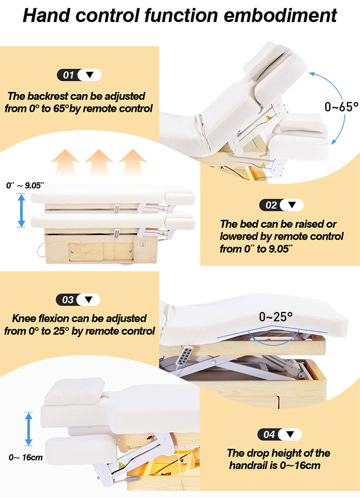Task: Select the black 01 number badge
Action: (x=69, y=75)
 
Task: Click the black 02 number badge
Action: (x=271, y=205)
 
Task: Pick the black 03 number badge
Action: (x=68, y=300)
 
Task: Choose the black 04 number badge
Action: (x=269, y=434)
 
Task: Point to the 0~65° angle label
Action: (x=341, y=107)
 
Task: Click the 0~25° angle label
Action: (x=276, y=317)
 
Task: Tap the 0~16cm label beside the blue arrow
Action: (x=25, y=457)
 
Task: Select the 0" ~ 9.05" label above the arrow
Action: (x=25, y=185)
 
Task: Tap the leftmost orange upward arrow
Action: (x=65, y=163)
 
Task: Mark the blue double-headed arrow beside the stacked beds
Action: (x=21, y=210)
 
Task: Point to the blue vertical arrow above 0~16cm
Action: (x=28, y=428)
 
